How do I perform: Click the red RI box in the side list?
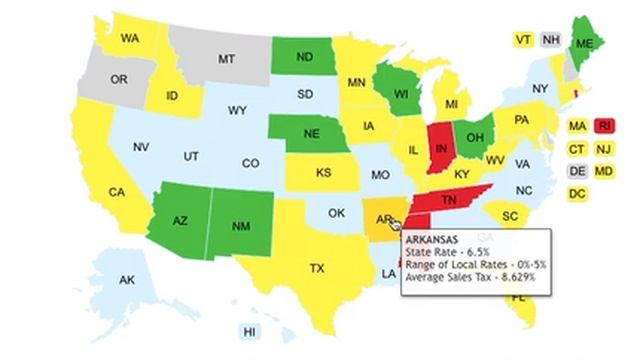[x=604, y=126]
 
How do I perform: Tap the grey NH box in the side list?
[x=550, y=40]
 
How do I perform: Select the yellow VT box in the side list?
[x=523, y=40]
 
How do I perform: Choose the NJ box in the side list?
[x=604, y=148]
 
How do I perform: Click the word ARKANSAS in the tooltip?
[x=432, y=240]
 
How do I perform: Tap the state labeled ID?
[x=172, y=97]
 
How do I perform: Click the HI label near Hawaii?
[x=250, y=330]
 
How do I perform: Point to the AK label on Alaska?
[x=127, y=280]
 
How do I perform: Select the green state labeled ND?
[x=303, y=58]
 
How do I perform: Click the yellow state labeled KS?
[x=323, y=173]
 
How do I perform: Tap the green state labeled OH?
[x=477, y=138]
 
